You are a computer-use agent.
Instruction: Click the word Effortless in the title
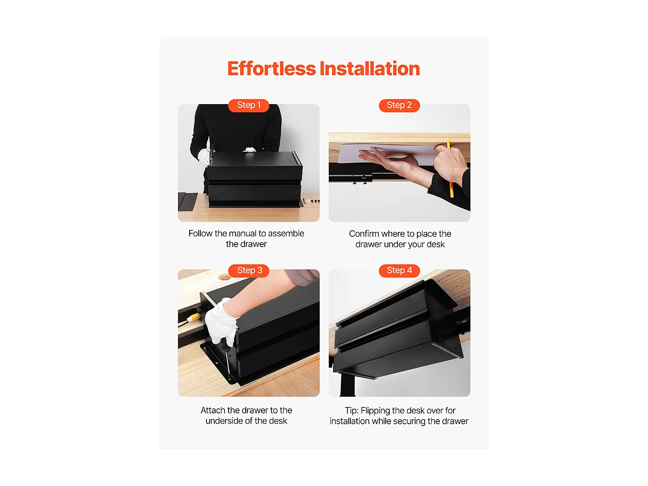271,68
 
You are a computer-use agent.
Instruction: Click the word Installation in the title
369,68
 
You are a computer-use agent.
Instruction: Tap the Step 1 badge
248,105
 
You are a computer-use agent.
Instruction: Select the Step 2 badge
399,105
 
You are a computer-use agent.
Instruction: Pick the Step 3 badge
248,270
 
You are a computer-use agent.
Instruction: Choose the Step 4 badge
399,270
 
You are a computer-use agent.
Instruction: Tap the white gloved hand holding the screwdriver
222,322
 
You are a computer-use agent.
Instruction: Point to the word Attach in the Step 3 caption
213,410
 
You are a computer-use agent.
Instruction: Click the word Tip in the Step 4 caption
351,410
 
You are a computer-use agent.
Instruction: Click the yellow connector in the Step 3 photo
194,317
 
